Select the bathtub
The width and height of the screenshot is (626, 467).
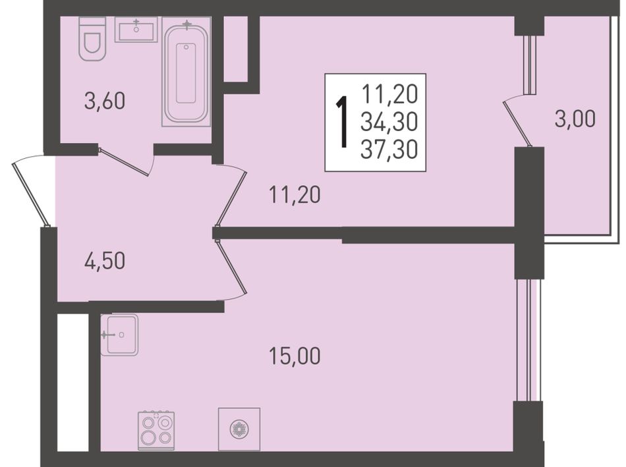[186, 72]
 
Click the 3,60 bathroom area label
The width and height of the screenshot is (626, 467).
[105, 101]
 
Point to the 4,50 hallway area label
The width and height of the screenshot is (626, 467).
[105, 261]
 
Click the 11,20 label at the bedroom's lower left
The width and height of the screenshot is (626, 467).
[295, 195]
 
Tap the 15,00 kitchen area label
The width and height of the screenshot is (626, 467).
[295, 356]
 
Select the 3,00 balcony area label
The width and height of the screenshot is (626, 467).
[575, 119]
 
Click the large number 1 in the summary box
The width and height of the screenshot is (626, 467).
[342, 123]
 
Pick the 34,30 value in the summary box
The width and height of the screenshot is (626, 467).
[389, 122]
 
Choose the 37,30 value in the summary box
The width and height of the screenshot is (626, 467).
[389, 150]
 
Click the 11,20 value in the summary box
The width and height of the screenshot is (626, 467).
[389, 95]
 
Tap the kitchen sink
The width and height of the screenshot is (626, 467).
[119, 335]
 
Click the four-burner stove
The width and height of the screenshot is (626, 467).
[156, 431]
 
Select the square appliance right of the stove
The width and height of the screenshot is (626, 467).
[239, 429]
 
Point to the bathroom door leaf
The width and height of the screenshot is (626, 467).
[124, 161]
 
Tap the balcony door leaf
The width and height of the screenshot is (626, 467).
[517, 124]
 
